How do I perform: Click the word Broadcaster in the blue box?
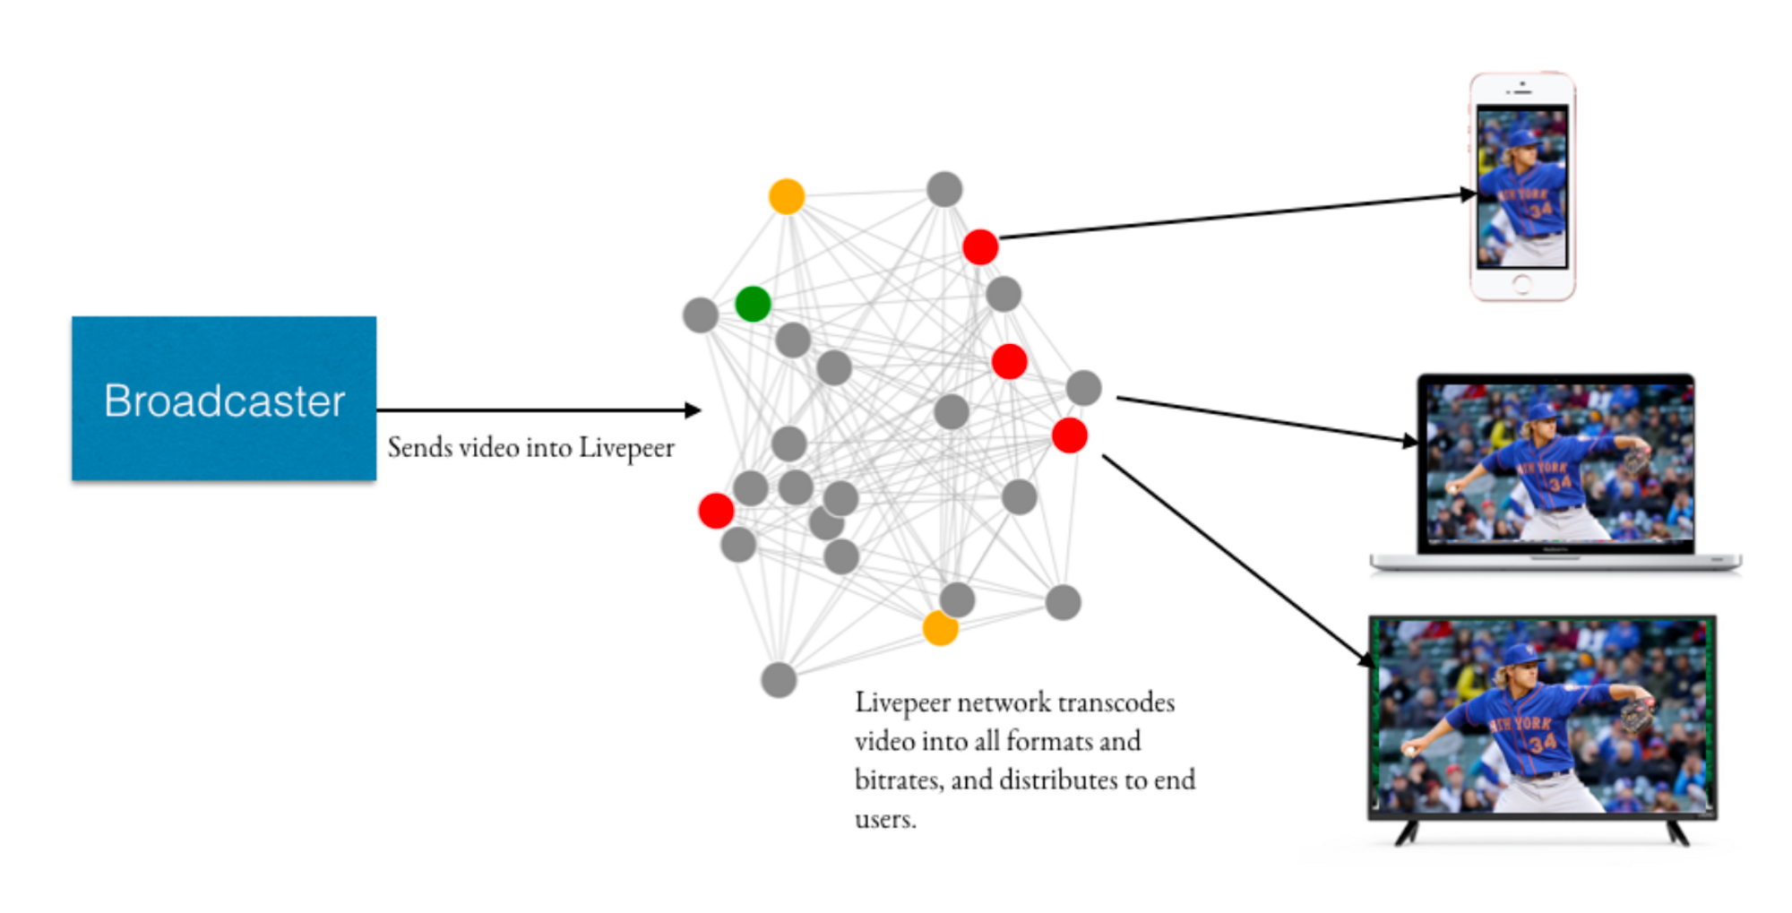tap(224, 401)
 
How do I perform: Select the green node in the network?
tap(753, 304)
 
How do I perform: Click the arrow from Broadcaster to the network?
tap(538, 410)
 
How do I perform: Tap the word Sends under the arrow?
tap(419, 447)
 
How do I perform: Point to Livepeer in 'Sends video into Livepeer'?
tap(626, 448)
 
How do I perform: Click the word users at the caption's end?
tap(883, 819)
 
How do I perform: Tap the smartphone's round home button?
tap(1522, 285)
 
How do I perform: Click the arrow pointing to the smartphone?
tap(1236, 216)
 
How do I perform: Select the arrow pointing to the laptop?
tap(1263, 419)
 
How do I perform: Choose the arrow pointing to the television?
tap(1236, 560)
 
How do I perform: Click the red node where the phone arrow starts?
tap(980, 246)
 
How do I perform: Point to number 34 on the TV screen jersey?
tap(1543, 743)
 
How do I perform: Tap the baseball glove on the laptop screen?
tap(1637, 461)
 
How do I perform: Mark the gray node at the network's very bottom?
tap(779, 680)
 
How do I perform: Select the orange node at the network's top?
tap(787, 196)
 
